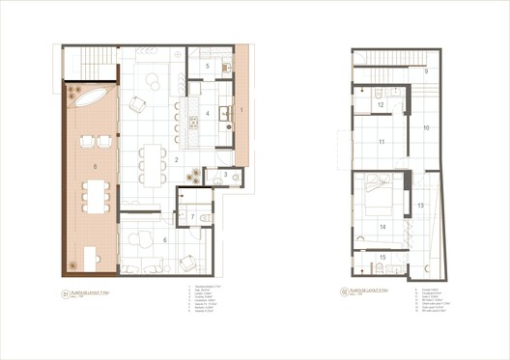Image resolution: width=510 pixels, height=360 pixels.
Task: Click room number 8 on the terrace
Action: coord(95,167)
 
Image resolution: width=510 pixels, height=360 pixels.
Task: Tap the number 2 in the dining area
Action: coord(177,159)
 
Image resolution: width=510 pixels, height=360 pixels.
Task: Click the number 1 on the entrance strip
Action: coord(241,112)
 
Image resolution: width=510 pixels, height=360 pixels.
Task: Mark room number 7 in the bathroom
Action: coord(193,218)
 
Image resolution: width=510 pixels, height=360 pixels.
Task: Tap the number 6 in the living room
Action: coord(165,240)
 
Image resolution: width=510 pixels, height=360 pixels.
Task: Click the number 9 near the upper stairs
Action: coord(425,71)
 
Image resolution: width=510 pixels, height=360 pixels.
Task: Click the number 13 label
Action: coord(420,205)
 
